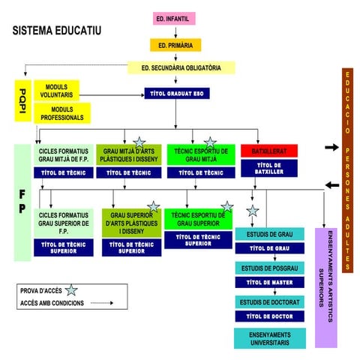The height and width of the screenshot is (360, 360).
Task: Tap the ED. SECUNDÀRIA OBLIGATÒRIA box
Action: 181,67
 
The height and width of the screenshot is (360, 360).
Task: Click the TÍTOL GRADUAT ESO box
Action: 178,94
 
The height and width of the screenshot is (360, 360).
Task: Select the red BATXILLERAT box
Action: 269,151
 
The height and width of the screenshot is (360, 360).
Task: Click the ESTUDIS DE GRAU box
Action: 269,235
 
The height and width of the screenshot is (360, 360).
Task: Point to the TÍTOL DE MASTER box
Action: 269,282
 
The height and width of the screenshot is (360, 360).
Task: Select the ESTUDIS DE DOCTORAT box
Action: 269,302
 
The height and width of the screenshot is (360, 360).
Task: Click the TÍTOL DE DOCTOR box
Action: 269,316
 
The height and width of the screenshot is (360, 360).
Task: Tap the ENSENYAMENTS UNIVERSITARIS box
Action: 269,338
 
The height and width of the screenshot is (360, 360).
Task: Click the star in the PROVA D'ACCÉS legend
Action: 71,290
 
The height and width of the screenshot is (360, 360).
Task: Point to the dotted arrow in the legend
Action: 102,304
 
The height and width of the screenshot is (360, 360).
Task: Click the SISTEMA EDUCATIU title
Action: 57,31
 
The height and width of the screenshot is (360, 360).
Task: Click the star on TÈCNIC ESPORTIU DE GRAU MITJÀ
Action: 210,142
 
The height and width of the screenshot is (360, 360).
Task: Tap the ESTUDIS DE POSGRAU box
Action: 269,268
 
